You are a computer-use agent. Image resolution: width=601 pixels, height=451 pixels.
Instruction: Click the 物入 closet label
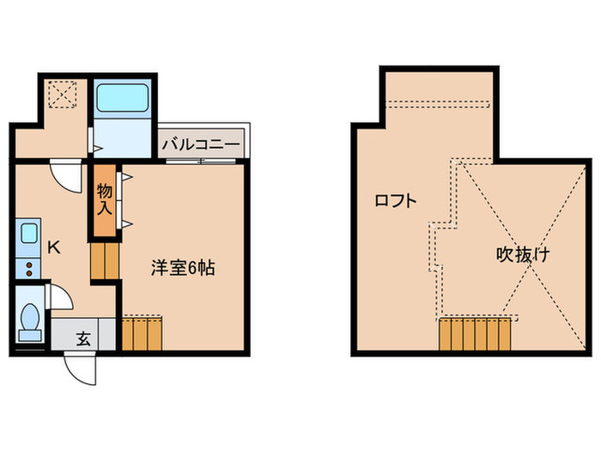105,199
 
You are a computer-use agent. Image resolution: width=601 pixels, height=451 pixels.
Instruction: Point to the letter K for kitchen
53,248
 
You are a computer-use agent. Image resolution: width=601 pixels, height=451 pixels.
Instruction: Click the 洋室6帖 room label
182,268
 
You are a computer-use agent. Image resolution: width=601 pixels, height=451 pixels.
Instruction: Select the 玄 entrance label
83,338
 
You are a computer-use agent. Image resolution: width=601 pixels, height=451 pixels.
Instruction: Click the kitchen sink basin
28,234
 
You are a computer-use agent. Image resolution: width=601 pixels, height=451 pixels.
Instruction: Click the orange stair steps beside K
104,259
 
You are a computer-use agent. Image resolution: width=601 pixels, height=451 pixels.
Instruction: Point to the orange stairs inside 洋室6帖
142,333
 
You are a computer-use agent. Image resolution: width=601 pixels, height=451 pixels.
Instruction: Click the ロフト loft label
396,201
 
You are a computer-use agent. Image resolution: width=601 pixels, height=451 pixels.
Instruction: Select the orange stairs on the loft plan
476,334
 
